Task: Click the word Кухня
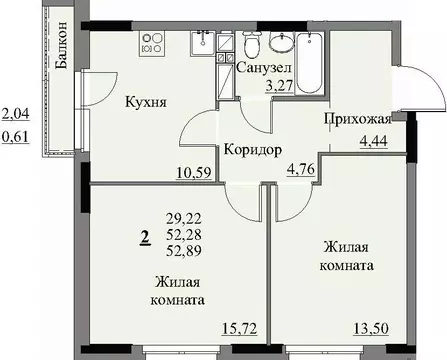point(145,102)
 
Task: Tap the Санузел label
point(264,67)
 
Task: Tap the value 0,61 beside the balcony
point(16,137)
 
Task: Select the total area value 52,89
point(187,249)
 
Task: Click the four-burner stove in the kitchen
point(155,42)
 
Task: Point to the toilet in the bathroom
point(251,43)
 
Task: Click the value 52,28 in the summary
point(187,232)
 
